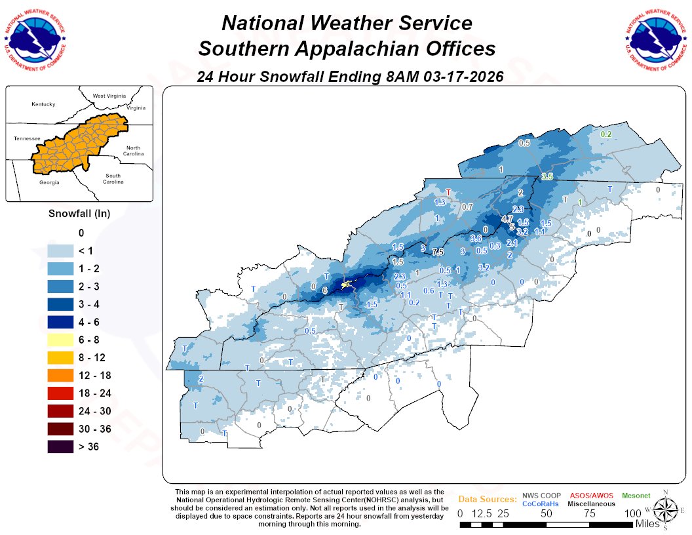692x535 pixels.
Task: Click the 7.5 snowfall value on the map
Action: pos(438,252)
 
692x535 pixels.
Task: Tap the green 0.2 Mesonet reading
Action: pos(606,134)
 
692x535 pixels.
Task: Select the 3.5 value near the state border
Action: pos(547,177)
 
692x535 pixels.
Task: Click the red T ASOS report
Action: pos(448,193)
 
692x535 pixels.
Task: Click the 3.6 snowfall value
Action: pos(476,238)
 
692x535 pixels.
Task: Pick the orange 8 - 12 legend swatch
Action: pos(64,358)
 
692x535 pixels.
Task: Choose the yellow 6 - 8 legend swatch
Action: pos(64,340)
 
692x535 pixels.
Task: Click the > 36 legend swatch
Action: pos(64,447)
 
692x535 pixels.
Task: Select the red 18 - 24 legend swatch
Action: pos(64,393)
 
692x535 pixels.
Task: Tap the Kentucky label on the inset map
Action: pos(43,104)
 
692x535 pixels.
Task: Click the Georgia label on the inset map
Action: pos(48,182)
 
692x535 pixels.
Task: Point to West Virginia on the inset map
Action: pos(108,96)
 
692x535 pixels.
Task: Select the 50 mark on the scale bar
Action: pos(547,513)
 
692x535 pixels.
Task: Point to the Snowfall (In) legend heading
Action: pos(79,214)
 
